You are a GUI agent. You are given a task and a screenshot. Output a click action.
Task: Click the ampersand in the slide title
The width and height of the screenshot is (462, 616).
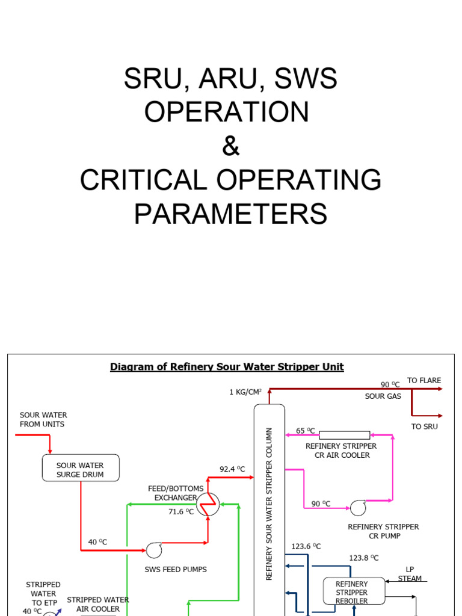(x=231, y=146)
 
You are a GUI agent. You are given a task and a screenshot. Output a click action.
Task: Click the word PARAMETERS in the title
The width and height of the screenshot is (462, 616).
(x=231, y=214)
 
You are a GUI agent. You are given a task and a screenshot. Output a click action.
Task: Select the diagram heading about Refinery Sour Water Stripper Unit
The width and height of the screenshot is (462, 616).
(x=227, y=367)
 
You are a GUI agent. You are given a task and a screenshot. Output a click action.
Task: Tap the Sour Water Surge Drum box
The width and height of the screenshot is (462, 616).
(x=81, y=468)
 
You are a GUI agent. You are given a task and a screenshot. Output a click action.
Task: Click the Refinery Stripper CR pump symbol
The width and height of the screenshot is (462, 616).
(x=359, y=507)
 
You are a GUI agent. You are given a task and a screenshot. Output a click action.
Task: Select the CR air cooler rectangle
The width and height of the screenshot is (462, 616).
(x=344, y=435)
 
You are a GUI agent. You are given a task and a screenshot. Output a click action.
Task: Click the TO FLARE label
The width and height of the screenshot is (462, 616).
(x=424, y=380)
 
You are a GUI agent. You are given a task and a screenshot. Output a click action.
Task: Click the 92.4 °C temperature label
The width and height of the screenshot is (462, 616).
(x=232, y=469)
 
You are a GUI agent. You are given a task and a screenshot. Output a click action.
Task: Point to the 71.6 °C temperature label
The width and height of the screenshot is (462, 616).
(x=181, y=512)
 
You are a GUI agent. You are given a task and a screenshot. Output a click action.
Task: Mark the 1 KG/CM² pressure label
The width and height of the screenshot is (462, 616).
(x=245, y=392)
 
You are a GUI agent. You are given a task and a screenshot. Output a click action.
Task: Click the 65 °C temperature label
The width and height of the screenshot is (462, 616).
(x=306, y=431)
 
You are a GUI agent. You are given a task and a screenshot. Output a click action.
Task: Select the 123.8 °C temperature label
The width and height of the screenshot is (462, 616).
(x=364, y=558)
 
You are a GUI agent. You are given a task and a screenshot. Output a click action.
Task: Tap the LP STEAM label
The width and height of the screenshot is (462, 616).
(x=410, y=574)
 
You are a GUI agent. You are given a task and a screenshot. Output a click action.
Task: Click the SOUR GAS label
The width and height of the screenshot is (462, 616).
(x=383, y=396)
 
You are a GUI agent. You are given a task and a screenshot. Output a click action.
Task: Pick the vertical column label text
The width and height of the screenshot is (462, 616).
(x=269, y=504)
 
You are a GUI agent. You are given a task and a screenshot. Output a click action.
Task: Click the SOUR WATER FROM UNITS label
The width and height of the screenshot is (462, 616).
(x=43, y=419)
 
